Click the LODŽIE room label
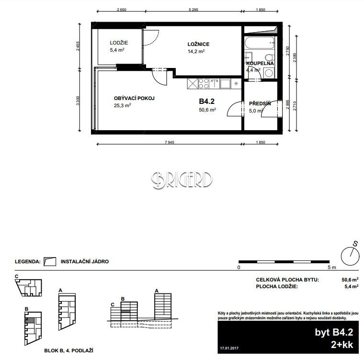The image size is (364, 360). (119, 43)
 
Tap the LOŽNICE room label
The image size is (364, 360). (198, 44)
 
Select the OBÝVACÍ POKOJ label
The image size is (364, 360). (134, 98)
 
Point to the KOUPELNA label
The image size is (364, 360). (260, 63)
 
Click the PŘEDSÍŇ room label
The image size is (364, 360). (260, 103)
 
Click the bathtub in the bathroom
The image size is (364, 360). (260, 43)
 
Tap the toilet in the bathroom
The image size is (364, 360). (270, 57)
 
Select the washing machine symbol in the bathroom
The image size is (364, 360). (269, 73)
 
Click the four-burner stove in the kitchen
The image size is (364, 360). (204, 84)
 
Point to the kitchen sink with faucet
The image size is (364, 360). (215, 84)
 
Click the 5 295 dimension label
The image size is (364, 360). (193, 10)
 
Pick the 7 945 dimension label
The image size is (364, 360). (170, 142)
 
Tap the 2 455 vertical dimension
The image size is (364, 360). (78, 46)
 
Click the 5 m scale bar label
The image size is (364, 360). (332, 268)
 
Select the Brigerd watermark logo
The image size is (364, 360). (182, 180)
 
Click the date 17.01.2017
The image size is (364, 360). (229, 348)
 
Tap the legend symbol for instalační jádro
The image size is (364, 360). (50, 261)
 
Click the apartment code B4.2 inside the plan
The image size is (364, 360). (206, 101)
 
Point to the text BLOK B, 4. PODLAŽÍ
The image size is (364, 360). (68, 350)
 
